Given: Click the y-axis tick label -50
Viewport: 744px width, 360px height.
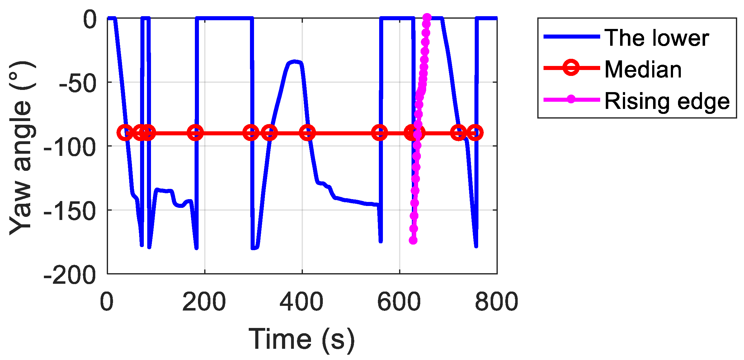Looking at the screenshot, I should (x=78, y=84).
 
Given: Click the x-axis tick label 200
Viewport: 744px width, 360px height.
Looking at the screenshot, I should (x=204, y=302).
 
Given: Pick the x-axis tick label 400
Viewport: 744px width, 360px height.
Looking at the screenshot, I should (x=301, y=302).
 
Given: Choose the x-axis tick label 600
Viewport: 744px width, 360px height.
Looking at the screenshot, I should (x=399, y=302).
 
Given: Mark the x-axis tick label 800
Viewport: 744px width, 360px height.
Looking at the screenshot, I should (x=496, y=302).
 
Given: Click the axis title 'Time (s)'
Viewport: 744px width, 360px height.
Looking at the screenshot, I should (x=301, y=339).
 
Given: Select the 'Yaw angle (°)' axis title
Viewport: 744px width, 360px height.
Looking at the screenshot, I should (x=21, y=148).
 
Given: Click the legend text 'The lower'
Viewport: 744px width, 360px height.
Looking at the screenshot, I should (x=657, y=38).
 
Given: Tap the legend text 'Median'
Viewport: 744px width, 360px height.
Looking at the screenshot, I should (x=643, y=69).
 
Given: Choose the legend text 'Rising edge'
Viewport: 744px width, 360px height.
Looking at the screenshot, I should (x=667, y=101).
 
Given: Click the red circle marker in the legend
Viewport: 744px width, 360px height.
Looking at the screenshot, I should (x=571, y=68).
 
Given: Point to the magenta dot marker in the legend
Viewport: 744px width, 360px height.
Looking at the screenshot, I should (x=571, y=99).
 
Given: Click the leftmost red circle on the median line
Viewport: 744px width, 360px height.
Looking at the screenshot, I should (x=125, y=133).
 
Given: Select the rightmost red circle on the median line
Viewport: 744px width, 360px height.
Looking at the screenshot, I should (x=475, y=133).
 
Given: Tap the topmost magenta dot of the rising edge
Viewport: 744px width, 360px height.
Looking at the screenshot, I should (x=427, y=17).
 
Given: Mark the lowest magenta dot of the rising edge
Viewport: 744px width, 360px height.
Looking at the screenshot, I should (x=413, y=240).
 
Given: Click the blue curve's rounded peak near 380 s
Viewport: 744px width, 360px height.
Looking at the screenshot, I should (x=294, y=61).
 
